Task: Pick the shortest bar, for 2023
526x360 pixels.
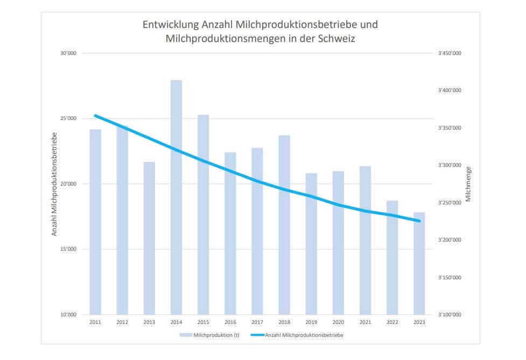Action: [x=419, y=263]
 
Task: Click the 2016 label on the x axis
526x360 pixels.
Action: [x=230, y=322]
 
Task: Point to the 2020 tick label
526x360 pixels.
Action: [x=338, y=322]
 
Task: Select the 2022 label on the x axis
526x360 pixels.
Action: [x=392, y=322]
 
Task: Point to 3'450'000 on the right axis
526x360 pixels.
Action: [x=450, y=53]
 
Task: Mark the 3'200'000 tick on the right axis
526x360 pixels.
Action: [x=450, y=240]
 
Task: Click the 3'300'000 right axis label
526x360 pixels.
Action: [x=450, y=165]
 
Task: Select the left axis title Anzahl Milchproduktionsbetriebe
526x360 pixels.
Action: [x=54, y=184]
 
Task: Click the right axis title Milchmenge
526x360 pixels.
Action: [x=468, y=184]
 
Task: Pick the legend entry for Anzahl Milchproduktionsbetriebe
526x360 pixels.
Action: [x=304, y=335]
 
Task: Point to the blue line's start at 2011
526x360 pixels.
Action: [x=95, y=115]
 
